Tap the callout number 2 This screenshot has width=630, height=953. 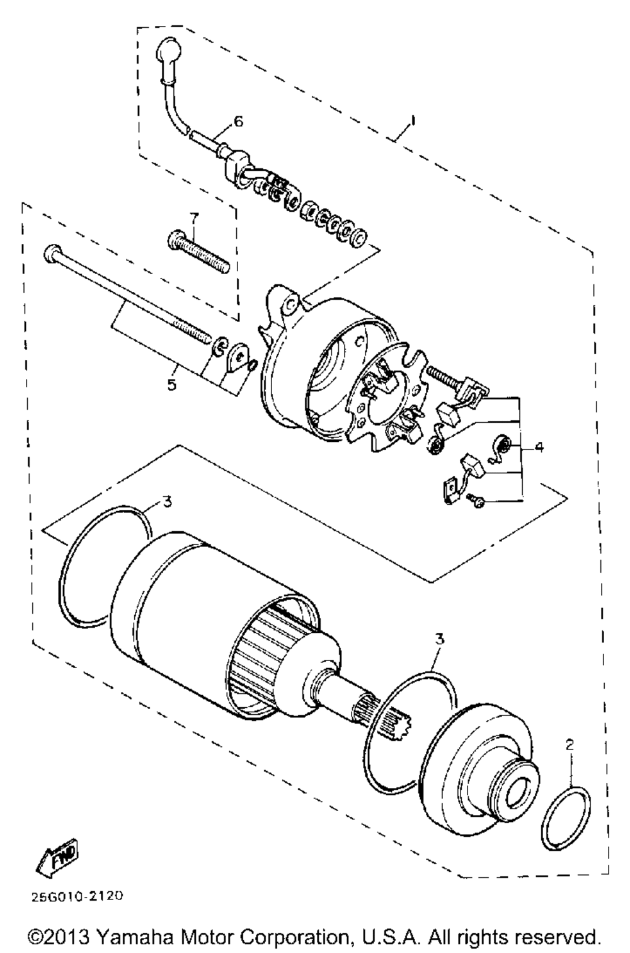pos(570,745)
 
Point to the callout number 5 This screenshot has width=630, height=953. pos(171,383)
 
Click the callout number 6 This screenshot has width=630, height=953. pos(238,121)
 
